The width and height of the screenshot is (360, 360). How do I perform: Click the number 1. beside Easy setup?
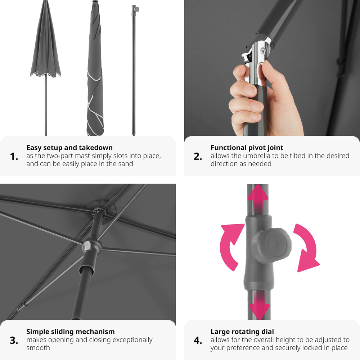pyautogui.click(x=14, y=157)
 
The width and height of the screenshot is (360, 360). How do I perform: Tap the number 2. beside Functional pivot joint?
pyautogui.click(x=198, y=157)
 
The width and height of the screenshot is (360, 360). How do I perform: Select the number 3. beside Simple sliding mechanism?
pyautogui.click(x=14, y=341)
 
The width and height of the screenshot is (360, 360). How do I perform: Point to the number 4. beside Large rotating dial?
pyautogui.click(x=198, y=341)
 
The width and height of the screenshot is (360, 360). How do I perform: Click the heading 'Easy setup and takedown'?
pyautogui.click(x=69, y=148)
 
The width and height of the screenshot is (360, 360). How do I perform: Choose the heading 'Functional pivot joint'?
pyautogui.click(x=247, y=148)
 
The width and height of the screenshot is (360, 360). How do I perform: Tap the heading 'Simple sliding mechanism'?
pyautogui.click(x=71, y=332)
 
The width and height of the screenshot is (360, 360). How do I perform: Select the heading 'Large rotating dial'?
pyautogui.click(x=242, y=332)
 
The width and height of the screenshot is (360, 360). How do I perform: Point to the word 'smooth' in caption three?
pyautogui.click(x=38, y=348)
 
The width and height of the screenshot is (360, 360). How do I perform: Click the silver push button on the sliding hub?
pyautogui.click(x=87, y=246)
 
